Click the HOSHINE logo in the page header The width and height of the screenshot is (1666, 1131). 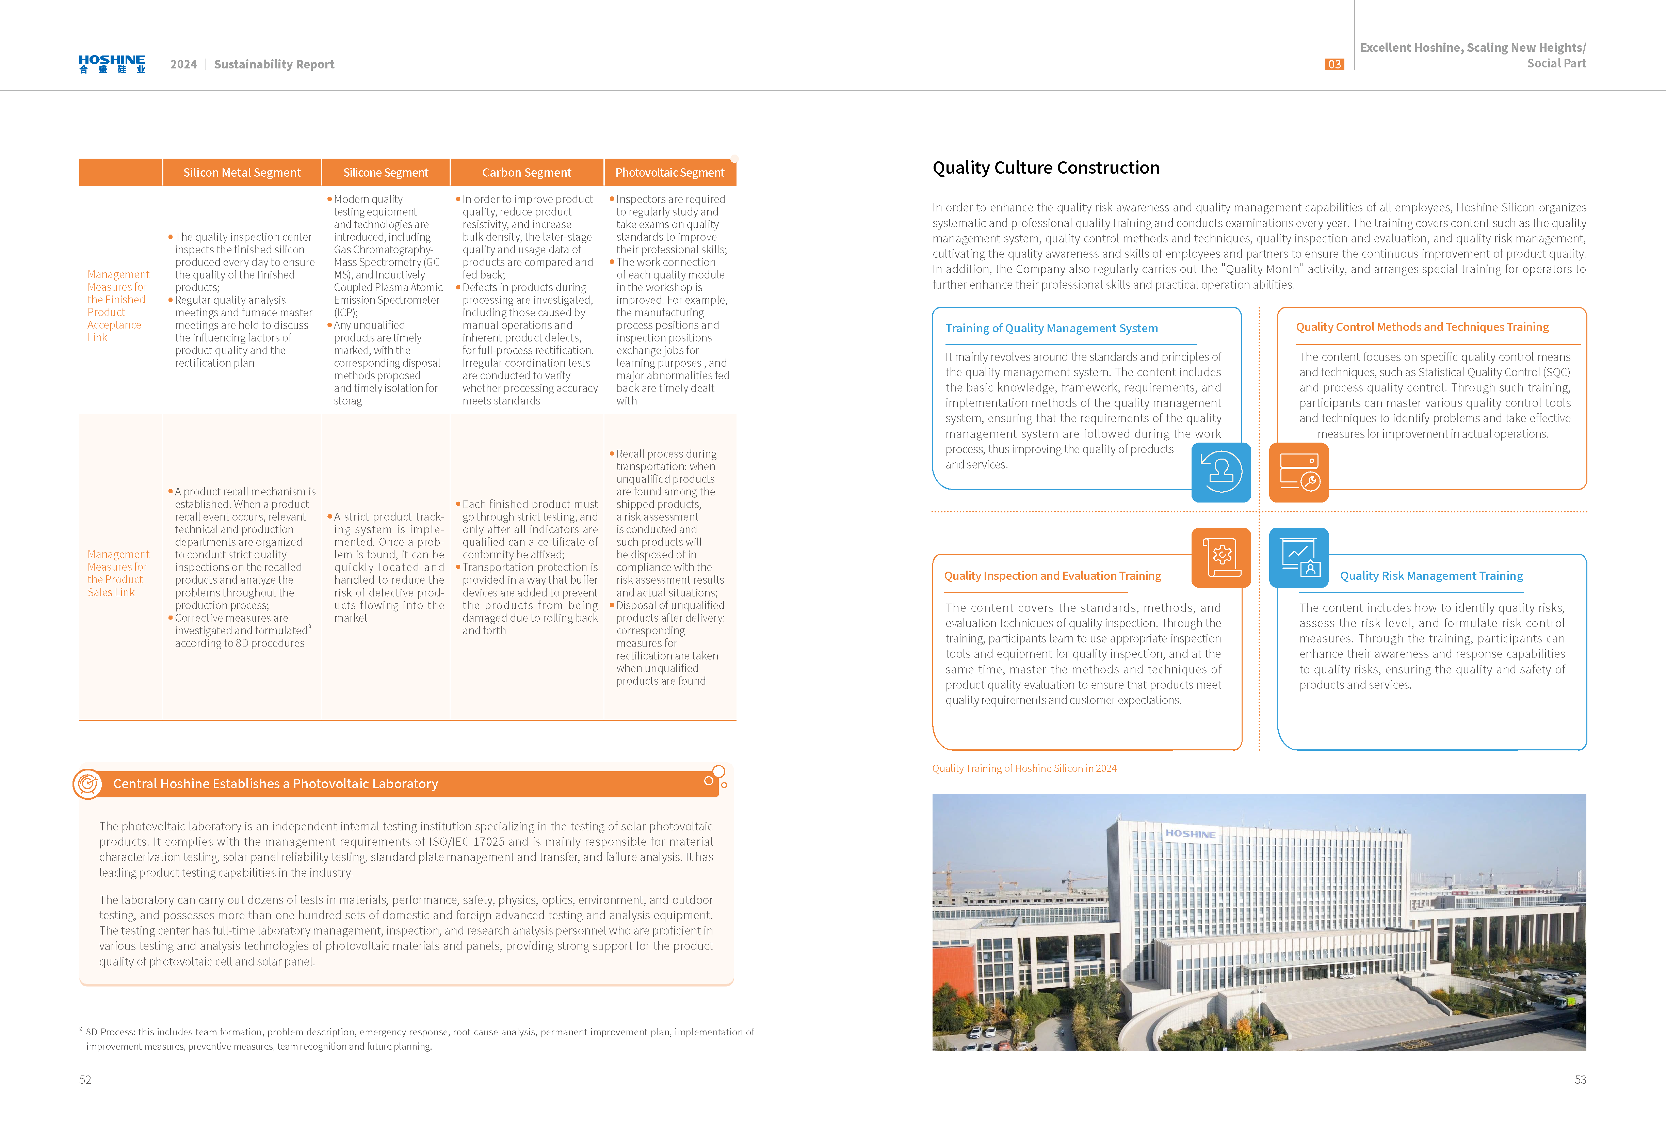pyautogui.click(x=112, y=64)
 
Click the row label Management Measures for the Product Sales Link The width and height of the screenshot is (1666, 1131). pyautogui.click(x=117, y=573)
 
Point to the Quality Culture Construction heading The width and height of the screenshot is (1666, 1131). pyautogui.click(x=1045, y=168)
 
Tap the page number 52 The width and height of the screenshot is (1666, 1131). pyautogui.click(x=85, y=1079)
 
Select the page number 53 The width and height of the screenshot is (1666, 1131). pyautogui.click(x=1580, y=1079)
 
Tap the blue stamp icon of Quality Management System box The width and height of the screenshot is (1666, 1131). pyautogui.click(x=1221, y=472)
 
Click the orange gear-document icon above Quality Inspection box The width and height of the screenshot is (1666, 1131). pyautogui.click(x=1221, y=557)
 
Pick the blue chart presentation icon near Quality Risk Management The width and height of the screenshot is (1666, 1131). pyautogui.click(x=1298, y=557)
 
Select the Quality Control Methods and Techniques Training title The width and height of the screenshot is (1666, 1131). pyautogui.click(x=1422, y=327)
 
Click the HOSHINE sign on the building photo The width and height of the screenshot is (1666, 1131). pyautogui.click(x=1190, y=833)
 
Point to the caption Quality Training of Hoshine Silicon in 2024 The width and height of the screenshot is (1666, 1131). pyautogui.click(x=1024, y=768)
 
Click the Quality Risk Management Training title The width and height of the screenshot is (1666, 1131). pyautogui.click(x=1431, y=576)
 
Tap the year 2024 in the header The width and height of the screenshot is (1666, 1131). pyautogui.click(x=183, y=65)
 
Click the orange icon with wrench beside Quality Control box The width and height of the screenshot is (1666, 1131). pyautogui.click(x=1298, y=472)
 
